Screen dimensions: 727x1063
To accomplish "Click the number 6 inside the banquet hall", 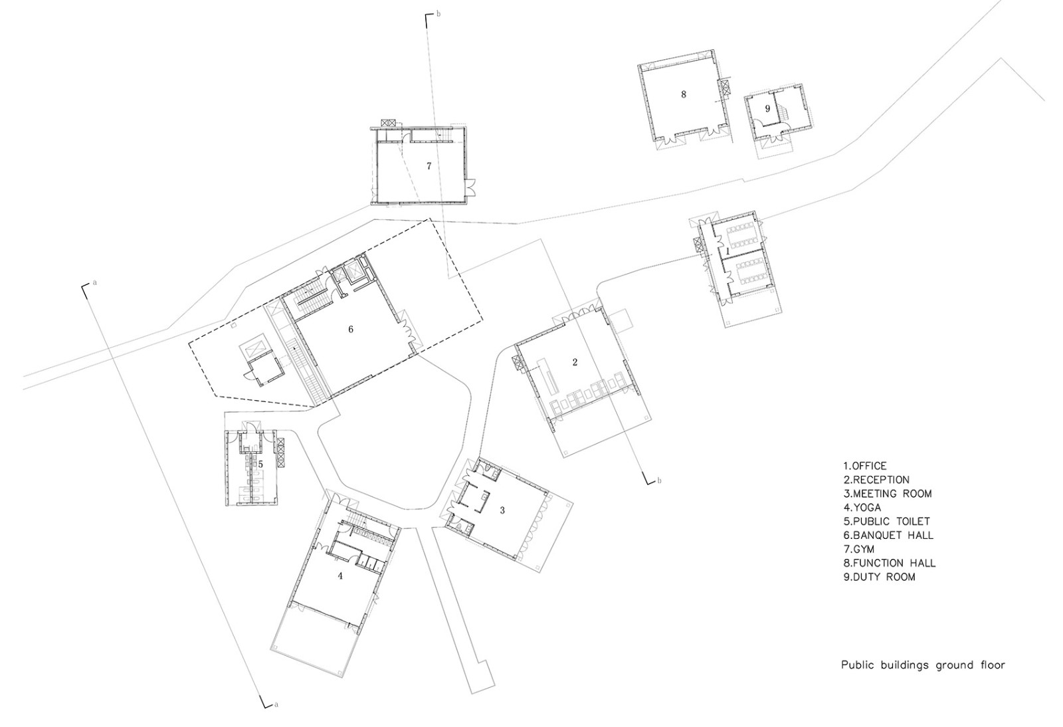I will point(351,330).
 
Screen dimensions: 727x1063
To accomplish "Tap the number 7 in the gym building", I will point(429,166).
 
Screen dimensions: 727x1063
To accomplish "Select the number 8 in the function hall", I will point(683,94).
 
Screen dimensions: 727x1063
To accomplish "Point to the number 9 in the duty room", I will point(767,108).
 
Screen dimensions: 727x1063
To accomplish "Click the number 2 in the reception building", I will point(575,362).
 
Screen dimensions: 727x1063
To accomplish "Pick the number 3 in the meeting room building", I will point(502,510).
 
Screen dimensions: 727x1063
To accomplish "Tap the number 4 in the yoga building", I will point(340,576).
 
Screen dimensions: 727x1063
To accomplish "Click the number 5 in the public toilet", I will point(261,465).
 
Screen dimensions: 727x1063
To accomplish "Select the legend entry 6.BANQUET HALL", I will point(888,535).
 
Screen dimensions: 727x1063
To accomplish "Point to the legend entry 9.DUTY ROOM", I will point(879,577).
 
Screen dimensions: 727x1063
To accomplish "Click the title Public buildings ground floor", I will point(923,665).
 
